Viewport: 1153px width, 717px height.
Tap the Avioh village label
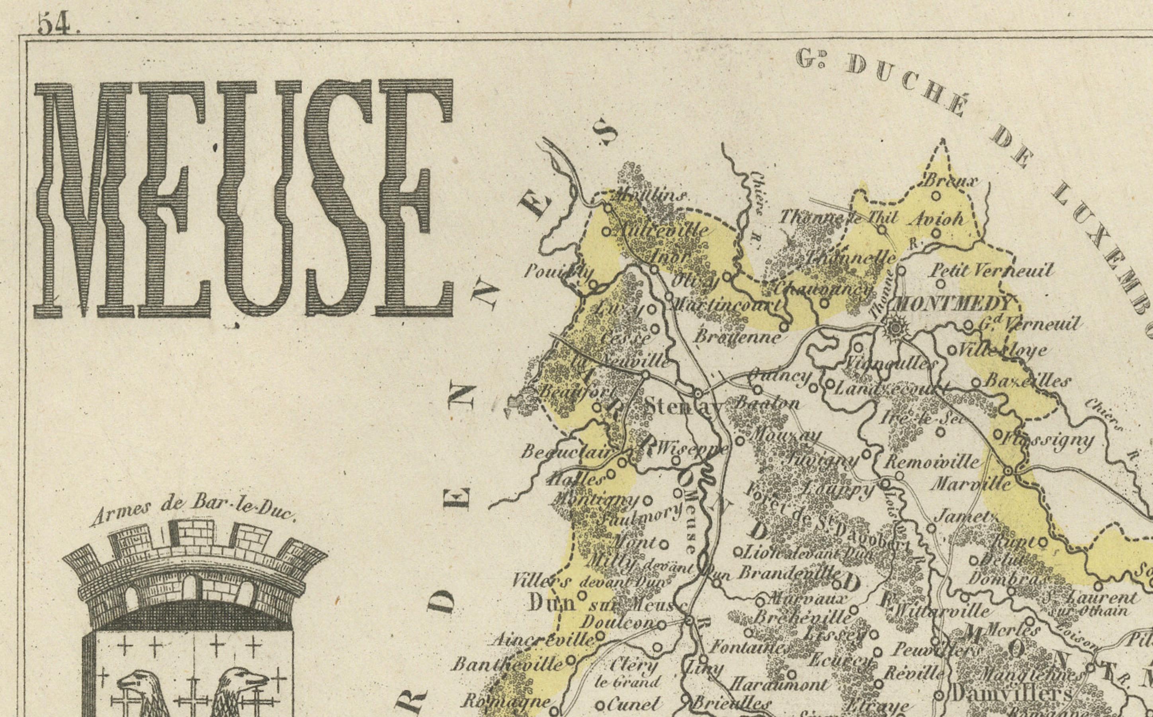pyautogui.click(x=938, y=219)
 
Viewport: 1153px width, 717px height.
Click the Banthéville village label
pyautogui.click(x=507, y=664)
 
